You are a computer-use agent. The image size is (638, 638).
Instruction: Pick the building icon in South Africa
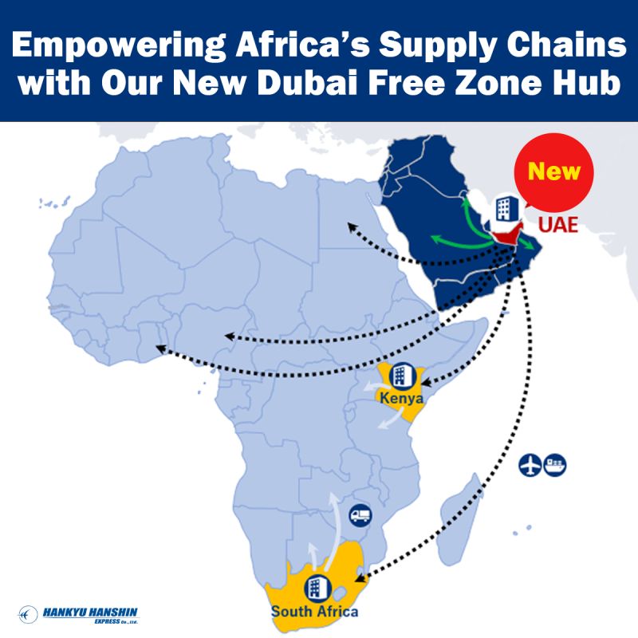(317, 588)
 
